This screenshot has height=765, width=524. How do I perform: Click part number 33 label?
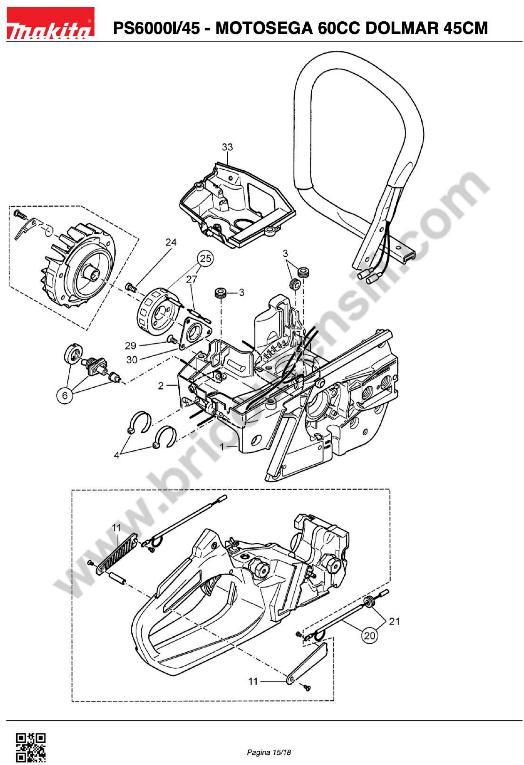pos(227,147)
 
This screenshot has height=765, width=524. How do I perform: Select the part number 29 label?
pos(131,346)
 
